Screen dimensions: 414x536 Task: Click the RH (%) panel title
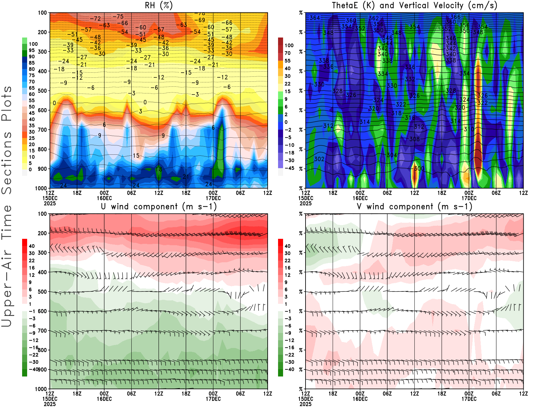[159, 6]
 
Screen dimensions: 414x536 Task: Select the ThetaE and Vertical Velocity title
[414, 6]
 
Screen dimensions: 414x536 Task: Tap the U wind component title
[159, 207]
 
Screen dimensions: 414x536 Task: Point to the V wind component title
[414, 207]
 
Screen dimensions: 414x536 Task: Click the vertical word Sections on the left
[7, 162]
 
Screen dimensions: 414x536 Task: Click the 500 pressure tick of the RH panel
[43, 91]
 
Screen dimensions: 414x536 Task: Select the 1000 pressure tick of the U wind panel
[42, 389]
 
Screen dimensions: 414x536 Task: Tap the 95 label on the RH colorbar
[31, 50]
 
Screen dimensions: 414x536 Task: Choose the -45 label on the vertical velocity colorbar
[289, 168]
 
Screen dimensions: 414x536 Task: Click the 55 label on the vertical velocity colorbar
[287, 61]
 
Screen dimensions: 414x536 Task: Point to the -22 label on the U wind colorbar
[33, 355]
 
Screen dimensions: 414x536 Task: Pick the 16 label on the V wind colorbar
[287, 268]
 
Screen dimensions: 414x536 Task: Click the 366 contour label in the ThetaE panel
[455, 17]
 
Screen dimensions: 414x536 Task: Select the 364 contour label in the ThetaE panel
[315, 18]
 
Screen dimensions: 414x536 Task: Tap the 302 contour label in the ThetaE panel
[319, 159]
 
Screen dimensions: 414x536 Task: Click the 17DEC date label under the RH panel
[213, 198]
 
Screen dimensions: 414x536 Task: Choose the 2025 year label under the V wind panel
[306, 404]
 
